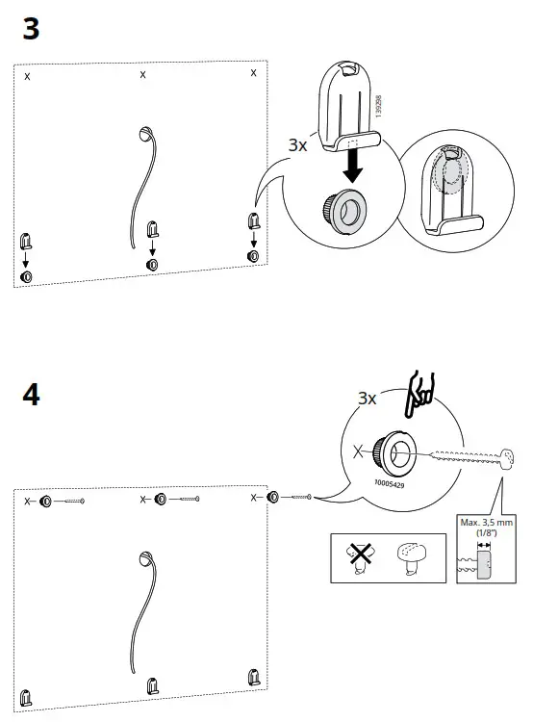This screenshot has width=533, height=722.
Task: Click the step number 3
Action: point(31,30)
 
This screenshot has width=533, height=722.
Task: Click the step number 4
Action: point(31,396)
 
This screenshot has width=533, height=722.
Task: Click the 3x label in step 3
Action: point(298,145)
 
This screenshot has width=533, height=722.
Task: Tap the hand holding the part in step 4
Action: point(417,392)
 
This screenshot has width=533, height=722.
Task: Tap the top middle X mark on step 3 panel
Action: point(143,75)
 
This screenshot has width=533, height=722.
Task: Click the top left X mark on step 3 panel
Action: point(27,76)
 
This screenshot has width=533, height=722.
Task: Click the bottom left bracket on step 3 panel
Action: point(26,240)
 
